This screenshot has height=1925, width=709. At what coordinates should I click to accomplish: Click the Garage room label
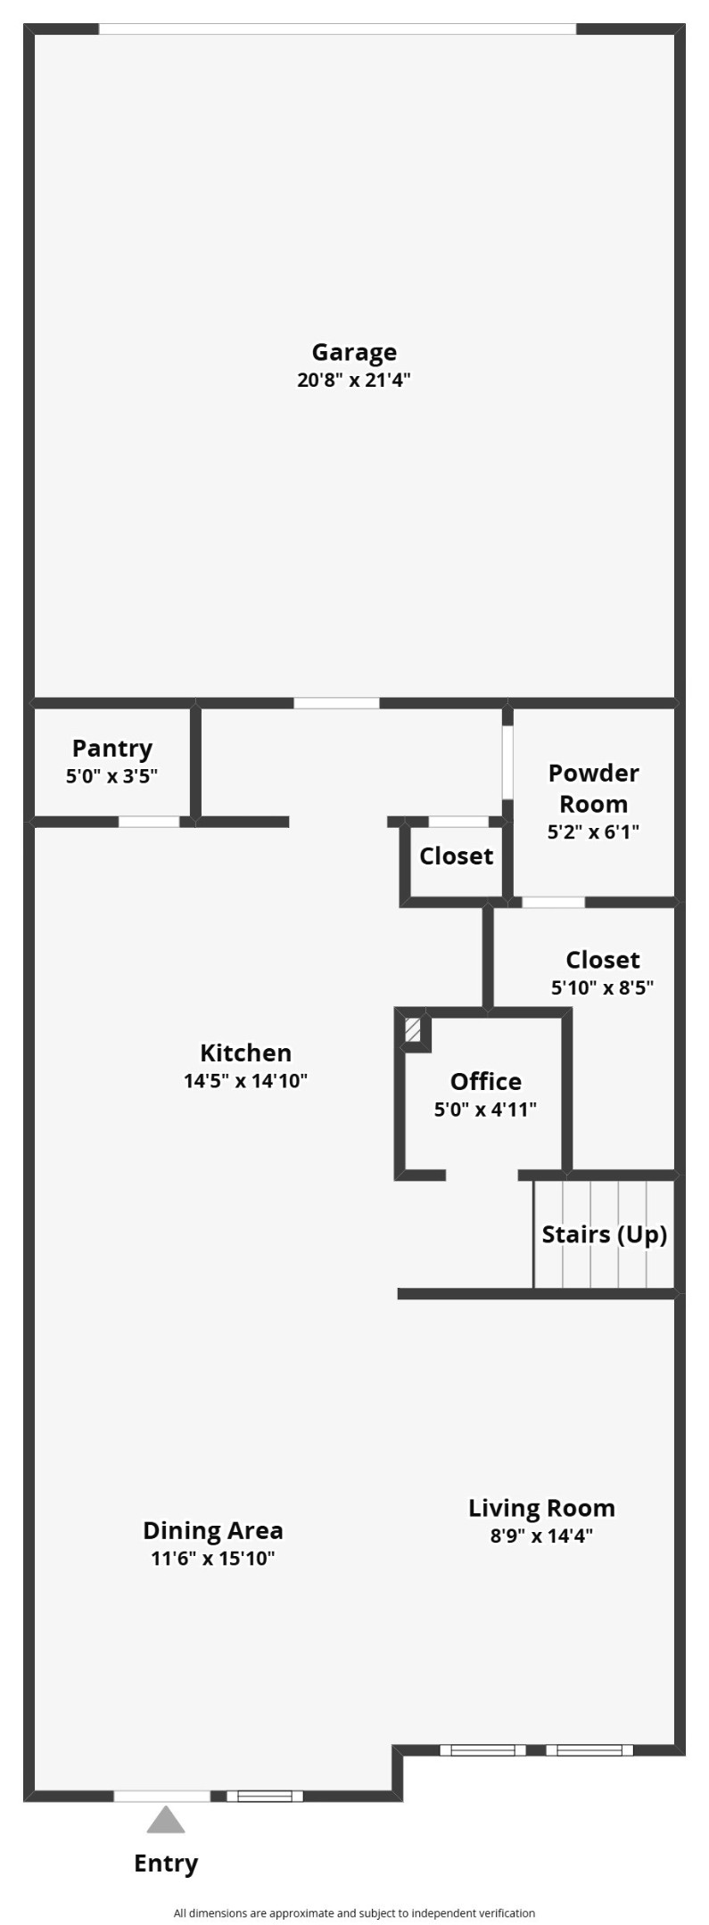coord(354,353)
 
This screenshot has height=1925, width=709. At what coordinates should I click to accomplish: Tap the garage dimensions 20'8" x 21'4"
coord(354,381)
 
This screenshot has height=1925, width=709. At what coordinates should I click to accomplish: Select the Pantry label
coord(112,749)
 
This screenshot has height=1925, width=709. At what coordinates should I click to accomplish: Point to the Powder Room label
coord(593,788)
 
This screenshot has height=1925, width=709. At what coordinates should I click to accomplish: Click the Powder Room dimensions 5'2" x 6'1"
coord(593,831)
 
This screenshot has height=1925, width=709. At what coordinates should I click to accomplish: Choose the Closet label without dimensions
coord(456,856)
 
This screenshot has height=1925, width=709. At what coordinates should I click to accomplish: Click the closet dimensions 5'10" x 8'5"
coord(603,987)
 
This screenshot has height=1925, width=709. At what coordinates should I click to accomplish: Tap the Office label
coord(485,1081)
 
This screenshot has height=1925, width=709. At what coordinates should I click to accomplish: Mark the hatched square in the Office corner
coord(413,1031)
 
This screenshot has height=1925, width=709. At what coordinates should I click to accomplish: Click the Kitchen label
coord(245,1053)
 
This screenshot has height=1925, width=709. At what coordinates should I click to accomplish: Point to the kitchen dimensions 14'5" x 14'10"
coord(245,1081)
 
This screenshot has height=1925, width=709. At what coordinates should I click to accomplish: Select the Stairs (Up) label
coord(605,1234)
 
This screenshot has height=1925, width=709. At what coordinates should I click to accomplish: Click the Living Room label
coord(541,1508)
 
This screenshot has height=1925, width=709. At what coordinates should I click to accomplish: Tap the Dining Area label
coord(213,1530)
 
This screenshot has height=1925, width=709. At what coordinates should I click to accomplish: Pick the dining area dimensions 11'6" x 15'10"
coord(213,1558)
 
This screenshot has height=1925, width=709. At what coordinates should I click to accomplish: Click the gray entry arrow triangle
coord(166,1819)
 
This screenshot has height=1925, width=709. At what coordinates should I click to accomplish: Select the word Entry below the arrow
coord(166,1864)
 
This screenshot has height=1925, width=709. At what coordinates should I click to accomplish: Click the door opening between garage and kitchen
coord(336,703)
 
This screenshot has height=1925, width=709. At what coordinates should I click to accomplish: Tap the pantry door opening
coord(149,822)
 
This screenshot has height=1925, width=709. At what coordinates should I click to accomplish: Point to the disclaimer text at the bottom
coord(354,1913)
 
